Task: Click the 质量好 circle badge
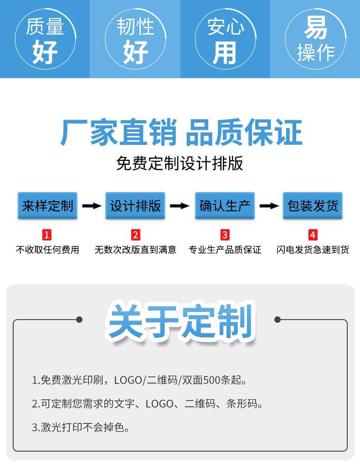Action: [45, 38]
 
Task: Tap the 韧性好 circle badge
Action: [135, 38]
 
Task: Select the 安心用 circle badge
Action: [225, 38]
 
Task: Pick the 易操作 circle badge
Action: [315, 38]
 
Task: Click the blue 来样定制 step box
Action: [47, 206]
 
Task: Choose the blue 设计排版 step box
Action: [135, 206]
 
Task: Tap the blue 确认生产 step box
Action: [225, 206]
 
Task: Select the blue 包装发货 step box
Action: [313, 206]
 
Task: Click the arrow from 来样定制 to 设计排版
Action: [92, 206]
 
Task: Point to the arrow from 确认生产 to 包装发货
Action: [269, 206]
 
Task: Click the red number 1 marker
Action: [47, 235]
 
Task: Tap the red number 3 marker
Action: [225, 235]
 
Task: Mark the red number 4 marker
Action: [313, 235]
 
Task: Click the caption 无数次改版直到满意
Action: [135, 250]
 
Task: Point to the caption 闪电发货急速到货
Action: [313, 250]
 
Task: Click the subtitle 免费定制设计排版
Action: [180, 163]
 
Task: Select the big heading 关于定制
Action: [180, 322]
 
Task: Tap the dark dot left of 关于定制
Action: [79, 320]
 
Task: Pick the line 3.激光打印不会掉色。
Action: [81, 427]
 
